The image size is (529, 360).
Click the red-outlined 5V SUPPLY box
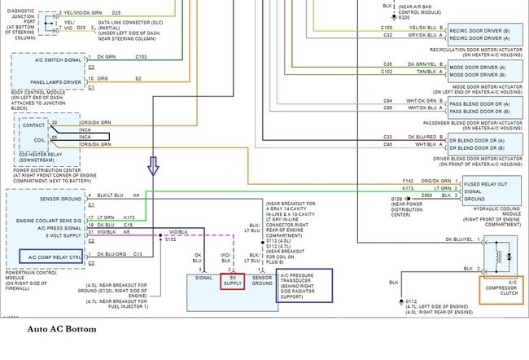234,280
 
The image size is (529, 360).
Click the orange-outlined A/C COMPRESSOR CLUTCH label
501,289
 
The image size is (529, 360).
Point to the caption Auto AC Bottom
62,329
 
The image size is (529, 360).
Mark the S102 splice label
169,240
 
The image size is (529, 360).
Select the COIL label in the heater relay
34,140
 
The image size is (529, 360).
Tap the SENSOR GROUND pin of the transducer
262,280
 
